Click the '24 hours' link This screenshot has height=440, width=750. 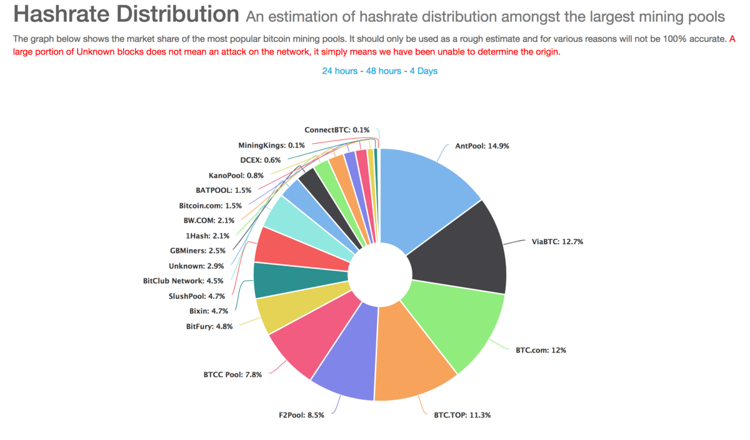340,71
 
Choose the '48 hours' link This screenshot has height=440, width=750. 384,71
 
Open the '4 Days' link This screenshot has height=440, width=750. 424,71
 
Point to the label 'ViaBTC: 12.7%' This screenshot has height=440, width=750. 557,242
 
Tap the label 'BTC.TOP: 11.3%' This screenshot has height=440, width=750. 462,415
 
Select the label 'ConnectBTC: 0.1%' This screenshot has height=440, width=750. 337,130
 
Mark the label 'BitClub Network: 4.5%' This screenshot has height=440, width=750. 183,281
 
